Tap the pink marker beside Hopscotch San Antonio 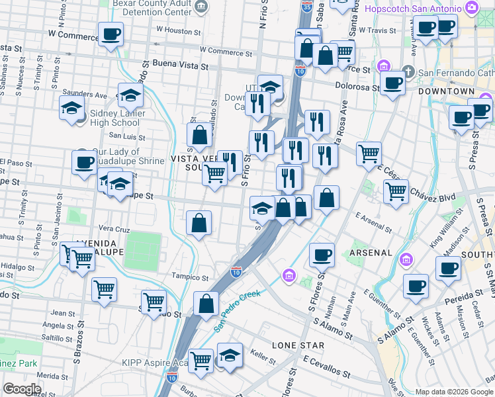pyautogui.click(x=472, y=9)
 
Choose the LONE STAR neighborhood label pyautogui.click(x=298, y=345)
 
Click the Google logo pyautogui.click(x=22, y=389)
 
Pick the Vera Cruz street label pyautogui.click(x=113, y=228)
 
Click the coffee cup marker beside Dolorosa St pyautogui.click(x=393, y=83)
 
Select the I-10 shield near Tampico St pyautogui.click(x=236, y=271)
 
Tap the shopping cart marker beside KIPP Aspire pyautogui.click(x=201, y=360)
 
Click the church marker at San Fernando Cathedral pyautogui.click(x=408, y=71)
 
